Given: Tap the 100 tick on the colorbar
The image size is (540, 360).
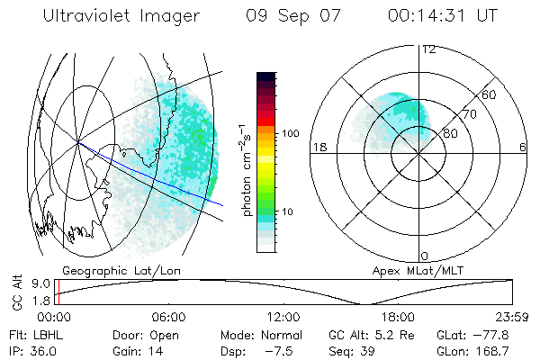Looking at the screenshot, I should pos(291,133).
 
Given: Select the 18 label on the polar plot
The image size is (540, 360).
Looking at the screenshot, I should pos(319,148).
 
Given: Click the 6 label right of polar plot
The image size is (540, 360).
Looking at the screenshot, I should pos(522,148).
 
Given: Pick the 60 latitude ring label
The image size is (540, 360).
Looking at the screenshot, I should pos(489,94).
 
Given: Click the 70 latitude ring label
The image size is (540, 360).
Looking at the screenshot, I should pos(470,114).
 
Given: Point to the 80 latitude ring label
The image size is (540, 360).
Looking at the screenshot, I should pos(450,133).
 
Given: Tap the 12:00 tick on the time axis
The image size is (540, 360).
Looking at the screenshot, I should pos(283,317).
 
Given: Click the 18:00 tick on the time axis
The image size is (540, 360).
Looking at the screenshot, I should pos(398,317).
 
